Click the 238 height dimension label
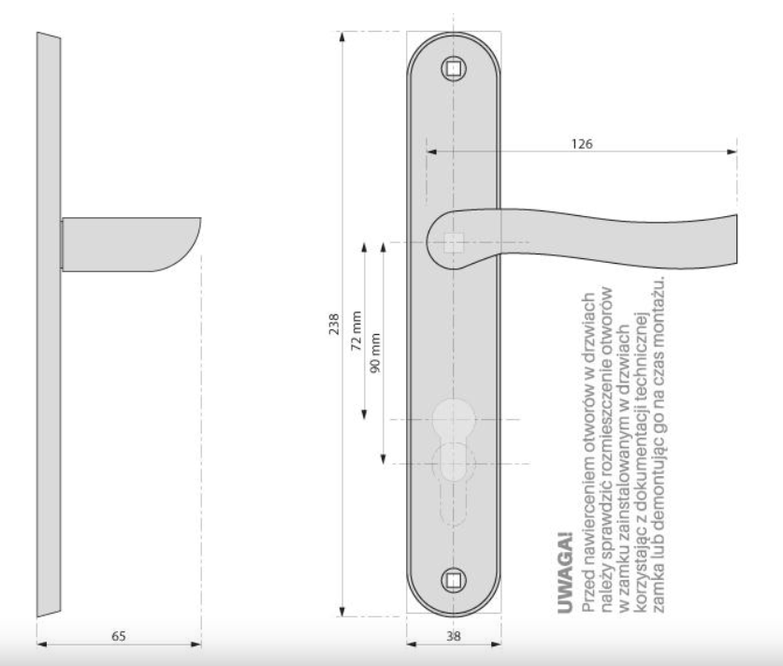point(334,324)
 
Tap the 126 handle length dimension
point(582,144)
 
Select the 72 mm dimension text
point(356,331)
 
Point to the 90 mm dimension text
point(375,353)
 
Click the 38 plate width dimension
point(454,636)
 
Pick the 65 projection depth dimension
point(119,636)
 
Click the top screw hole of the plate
point(454,69)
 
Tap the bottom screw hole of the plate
point(454,581)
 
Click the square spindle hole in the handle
point(454,242)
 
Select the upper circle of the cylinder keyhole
point(454,419)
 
